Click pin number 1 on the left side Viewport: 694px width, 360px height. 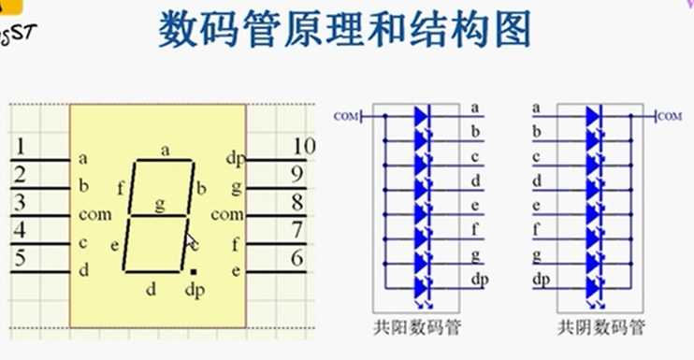(x=22, y=147)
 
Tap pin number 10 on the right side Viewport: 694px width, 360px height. (x=303, y=146)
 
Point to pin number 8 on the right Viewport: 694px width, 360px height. (x=297, y=202)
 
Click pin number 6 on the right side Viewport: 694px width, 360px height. (x=297, y=258)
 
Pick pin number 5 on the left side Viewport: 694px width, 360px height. (x=22, y=258)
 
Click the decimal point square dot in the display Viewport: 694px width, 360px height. (x=193, y=271)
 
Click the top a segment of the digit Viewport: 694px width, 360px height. (x=165, y=161)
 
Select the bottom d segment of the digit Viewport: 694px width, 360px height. (x=152, y=272)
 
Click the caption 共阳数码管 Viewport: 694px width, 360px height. (x=412, y=327)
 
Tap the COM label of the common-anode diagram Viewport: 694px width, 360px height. (x=345, y=117)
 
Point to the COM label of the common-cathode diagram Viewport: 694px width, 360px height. (x=670, y=117)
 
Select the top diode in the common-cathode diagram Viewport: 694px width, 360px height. (x=592, y=116)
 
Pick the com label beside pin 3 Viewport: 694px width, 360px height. (x=95, y=214)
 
